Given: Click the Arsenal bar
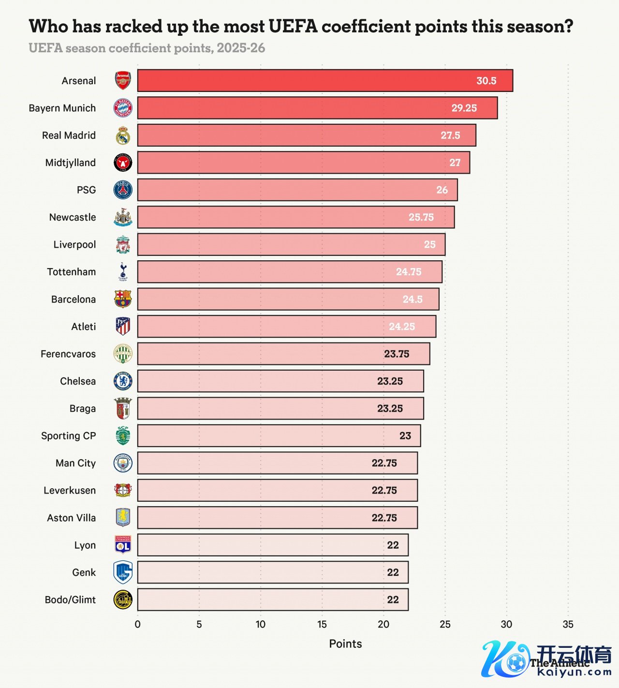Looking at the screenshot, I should [x=325, y=81].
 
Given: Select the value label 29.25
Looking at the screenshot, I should [x=464, y=108].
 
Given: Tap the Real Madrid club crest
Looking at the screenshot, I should [x=123, y=135].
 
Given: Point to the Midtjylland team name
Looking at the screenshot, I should [x=71, y=163].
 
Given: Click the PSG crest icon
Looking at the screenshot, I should [x=123, y=190].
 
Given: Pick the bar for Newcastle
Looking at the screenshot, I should [x=295, y=217].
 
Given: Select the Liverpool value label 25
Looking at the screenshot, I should [x=429, y=245].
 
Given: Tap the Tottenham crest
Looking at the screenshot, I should [x=123, y=272].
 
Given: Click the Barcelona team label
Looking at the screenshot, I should [x=74, y=299].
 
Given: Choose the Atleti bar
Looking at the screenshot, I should [x=286, y=327].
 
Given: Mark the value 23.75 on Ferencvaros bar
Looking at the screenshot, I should [x=397, y=354].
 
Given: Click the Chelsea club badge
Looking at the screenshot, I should [x=123, y=381].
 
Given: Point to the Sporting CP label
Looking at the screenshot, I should [x=68, y=436].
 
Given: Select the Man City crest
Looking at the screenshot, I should [x=123, y=463].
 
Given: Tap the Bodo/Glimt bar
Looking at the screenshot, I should [x=273, y=600].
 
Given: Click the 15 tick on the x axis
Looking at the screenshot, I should [x=322, y=624].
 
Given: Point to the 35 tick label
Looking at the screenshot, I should [x=568, y=624].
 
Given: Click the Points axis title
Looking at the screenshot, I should [x=345, y=643].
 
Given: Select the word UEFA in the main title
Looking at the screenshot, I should [x=293, y=26].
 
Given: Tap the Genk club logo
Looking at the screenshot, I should [x=123, y=572].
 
